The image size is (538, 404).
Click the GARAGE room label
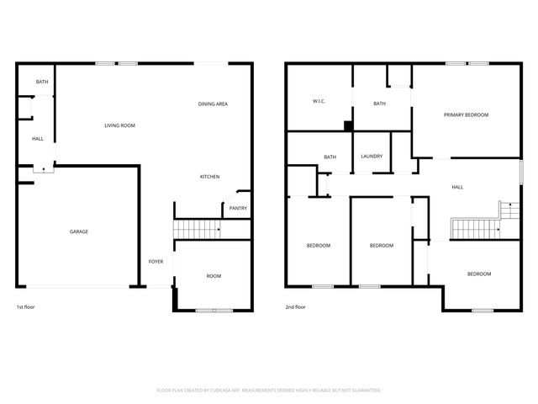pos(79,231)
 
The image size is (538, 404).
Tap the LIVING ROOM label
pos(120,125)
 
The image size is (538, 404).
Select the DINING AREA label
pos(213,104)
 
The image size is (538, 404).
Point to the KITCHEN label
pos(209,177)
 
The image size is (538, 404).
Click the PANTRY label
pos(238,208)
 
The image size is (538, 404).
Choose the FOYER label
pos(156,262)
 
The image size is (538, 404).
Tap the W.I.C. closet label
pos(319,103)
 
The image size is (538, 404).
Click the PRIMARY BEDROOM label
pos(466,114)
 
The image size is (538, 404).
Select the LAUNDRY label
pos(372,157)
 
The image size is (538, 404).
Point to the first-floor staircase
pos(195,228)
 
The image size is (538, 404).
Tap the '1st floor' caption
pos(26,307)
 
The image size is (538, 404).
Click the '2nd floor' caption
pos(295,307)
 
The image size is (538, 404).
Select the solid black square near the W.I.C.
pos(347,126)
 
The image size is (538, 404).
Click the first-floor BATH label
pos(40,82)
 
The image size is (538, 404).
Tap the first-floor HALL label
pos(38,139)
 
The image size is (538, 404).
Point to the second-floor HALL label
pos(457,187)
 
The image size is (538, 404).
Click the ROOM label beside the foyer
pos(214,276)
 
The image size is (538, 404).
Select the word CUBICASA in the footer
pos(217,391)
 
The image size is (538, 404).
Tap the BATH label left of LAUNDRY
pos(330,157)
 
